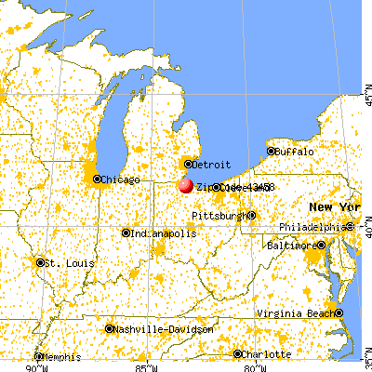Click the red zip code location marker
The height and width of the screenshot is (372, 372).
[185, 185]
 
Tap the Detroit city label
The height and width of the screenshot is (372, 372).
[210, 164]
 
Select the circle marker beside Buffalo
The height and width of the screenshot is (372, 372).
[272, 151]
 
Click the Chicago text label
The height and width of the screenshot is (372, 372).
[122, 179]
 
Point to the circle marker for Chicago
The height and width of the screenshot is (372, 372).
[99, 179]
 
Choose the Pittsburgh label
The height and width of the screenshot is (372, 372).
[219, 216]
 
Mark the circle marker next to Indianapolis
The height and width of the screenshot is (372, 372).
[126, 232]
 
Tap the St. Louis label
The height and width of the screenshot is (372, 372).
[66, 262]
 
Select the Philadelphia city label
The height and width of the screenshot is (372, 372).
[314, 227]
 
